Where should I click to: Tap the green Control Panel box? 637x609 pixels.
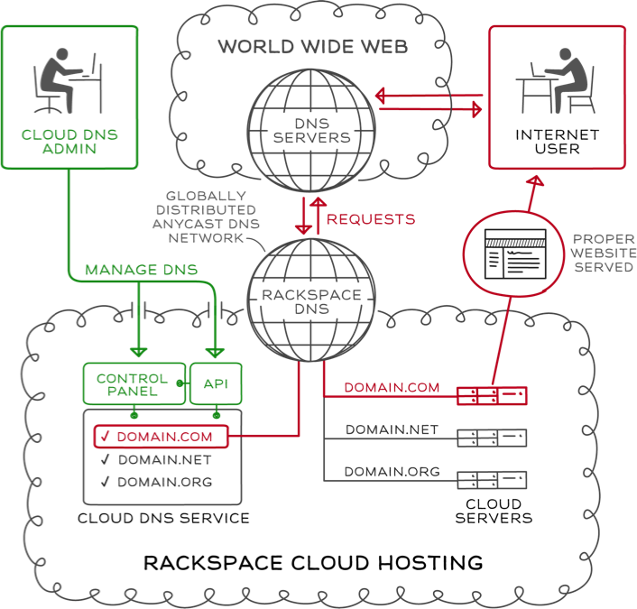click(132, 384)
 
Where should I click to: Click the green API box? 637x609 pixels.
click(216, 383)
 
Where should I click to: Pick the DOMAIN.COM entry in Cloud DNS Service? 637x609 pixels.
click(162, 438)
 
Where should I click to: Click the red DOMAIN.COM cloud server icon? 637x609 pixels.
click(492, 395)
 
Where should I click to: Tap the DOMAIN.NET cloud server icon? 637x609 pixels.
click(492, 438)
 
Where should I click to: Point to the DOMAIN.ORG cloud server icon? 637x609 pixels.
click(492, 479)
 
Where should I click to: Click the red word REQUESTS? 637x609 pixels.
click(371, 219)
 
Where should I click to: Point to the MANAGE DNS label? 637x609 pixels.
click(142, 270)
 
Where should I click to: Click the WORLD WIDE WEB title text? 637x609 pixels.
click(313, 46)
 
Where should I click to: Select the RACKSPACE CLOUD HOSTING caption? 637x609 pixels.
click(313, 564)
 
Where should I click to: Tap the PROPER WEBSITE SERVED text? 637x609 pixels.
click(604, 254)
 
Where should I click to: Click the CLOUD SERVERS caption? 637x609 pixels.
click(494, 511)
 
